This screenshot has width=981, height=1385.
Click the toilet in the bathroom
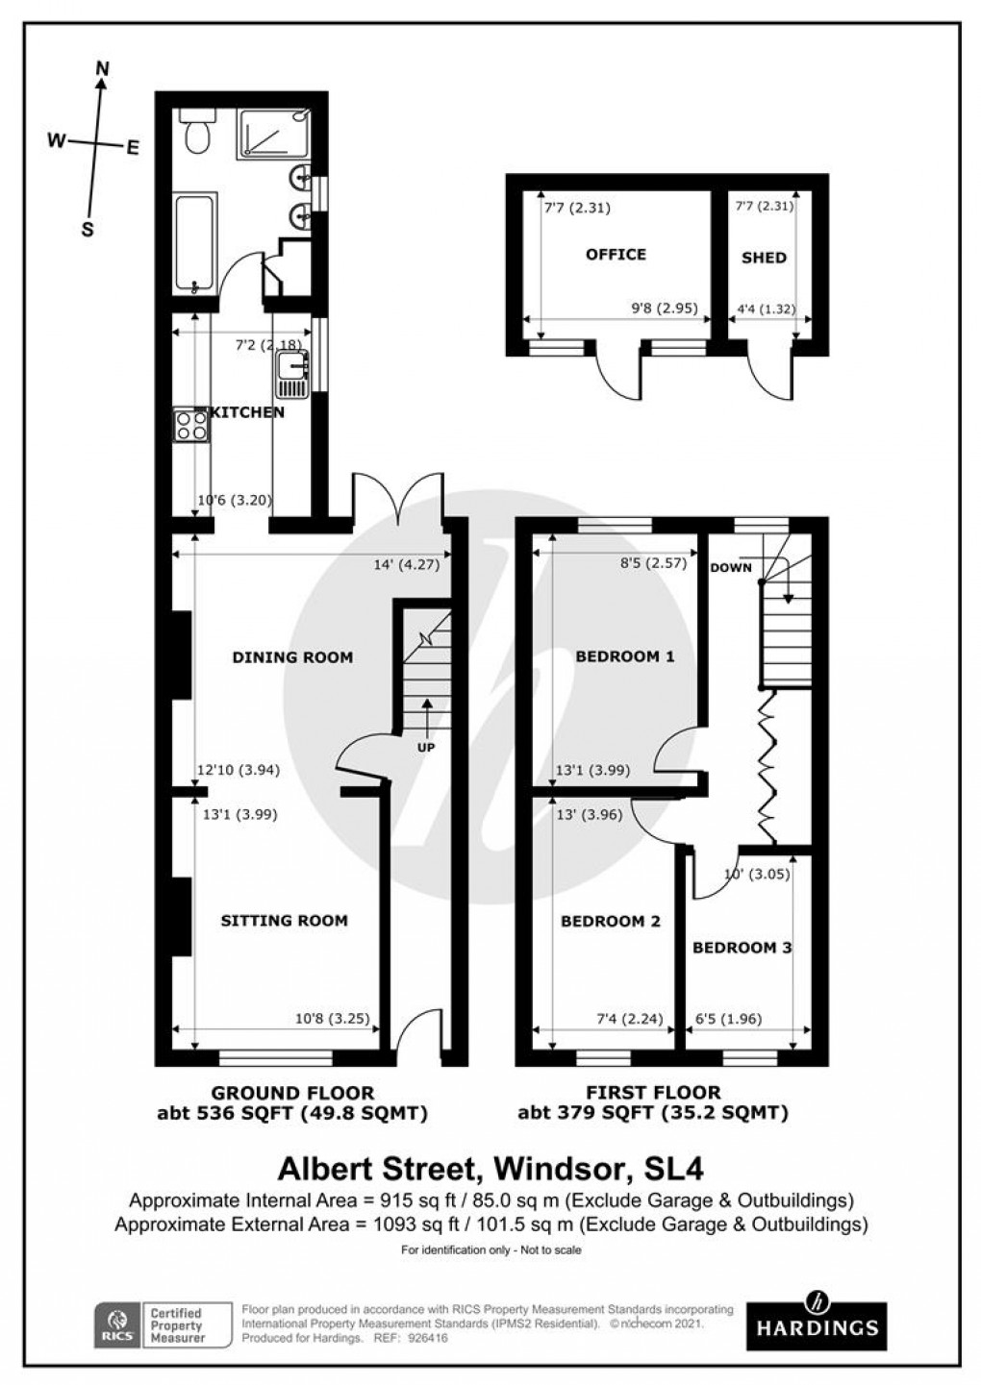tap(198, 135)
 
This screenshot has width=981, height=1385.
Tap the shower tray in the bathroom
tap(274, 133)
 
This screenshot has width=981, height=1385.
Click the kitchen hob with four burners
tap(190, 424)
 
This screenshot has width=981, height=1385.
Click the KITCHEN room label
tap(247, 412)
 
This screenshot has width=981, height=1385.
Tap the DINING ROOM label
tap(292, 657)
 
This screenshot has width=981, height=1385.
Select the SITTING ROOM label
tap(284, 921)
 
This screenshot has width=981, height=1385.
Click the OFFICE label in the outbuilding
tap(616, 255)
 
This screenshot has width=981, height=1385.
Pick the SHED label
tap(764, 258)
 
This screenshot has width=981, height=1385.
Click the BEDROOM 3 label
tap(742, 948)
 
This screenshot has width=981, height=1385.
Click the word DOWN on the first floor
tap(731, 567)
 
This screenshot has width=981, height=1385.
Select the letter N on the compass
tap(103, 67)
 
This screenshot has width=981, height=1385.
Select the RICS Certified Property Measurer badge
tap(163, 1324)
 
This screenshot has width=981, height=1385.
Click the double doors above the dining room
tap(398, 500)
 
